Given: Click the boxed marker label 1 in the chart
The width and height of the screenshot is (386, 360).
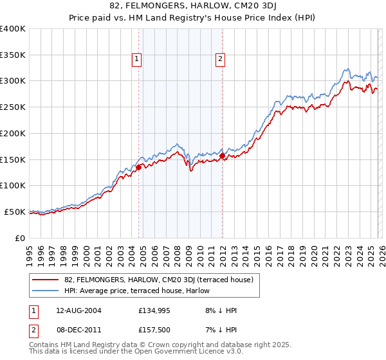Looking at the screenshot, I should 138,59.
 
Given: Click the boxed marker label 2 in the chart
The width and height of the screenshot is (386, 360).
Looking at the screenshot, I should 220,59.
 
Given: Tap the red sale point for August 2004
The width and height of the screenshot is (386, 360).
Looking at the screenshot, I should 138,167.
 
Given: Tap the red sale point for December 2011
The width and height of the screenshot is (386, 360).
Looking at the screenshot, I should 222,156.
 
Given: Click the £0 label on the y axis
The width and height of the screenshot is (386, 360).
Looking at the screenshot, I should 20,238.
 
